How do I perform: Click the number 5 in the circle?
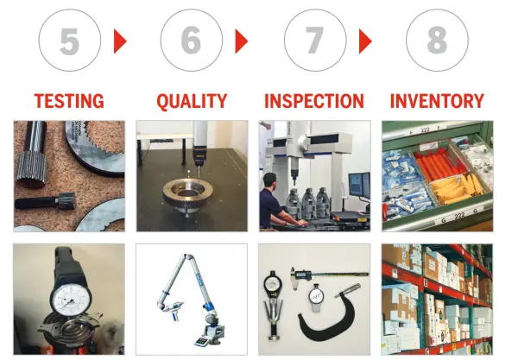tap(69, 41)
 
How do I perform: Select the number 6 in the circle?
tap(191, 41)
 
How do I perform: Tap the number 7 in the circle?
tap(314, 41)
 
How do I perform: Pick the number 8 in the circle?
tap(437, 41)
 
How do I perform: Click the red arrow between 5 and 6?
tap(120, 41)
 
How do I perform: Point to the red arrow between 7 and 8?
tap(365, 41)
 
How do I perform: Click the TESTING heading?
tap(69, 101)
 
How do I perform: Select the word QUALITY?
tap(192, 101)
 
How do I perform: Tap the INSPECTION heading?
tap(314, 101)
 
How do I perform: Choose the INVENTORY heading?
tap(437, 101)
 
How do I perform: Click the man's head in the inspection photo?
tap(270, 181)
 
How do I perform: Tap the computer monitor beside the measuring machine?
tap(359, 184)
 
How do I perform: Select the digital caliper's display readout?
tap(304, 275)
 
